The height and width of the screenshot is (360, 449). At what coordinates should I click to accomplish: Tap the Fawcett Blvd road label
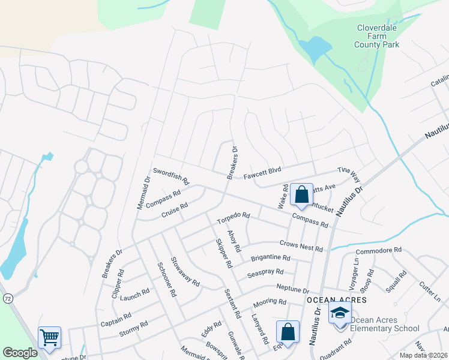[262, 174]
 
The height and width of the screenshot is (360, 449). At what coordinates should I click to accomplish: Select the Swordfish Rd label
[171, 176]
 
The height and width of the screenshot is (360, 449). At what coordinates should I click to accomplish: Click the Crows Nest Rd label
[301, 246]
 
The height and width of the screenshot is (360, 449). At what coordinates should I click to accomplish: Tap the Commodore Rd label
[378, 251]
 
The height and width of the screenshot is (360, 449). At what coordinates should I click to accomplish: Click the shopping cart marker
[49, 337]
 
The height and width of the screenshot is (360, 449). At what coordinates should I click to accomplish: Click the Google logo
[20, 353]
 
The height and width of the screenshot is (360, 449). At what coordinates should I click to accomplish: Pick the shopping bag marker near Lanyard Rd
[288, 332]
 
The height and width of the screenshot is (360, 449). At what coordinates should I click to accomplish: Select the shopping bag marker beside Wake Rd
[301, 194]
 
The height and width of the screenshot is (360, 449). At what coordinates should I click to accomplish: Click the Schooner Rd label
[166, 280]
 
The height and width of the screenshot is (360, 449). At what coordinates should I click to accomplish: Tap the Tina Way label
[349, 175]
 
